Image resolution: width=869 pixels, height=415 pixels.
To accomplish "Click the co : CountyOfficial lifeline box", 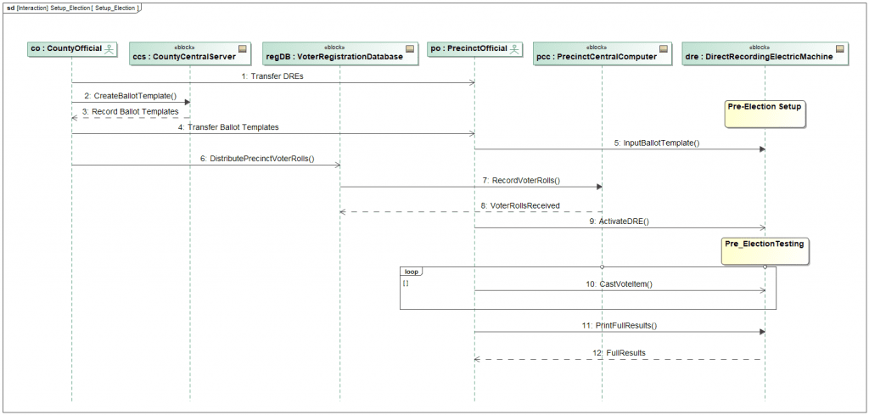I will click(x=72, y=50).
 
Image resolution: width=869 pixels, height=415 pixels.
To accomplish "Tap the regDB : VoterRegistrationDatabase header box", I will click(x=339, y=53).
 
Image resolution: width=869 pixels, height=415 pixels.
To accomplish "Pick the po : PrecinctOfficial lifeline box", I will click(x=474, y=50).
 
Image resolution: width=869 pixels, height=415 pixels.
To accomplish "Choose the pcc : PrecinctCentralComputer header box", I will click(x=603, y=53).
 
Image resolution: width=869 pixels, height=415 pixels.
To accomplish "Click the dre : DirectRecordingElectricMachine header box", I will click(x=765, y=53).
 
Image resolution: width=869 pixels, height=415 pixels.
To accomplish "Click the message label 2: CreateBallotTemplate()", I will click(x=130, y=96).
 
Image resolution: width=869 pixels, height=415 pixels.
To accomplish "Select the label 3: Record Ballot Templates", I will click(x=131, y=111).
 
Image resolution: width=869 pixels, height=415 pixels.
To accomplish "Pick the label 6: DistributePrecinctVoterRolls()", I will click(x=257, y=159).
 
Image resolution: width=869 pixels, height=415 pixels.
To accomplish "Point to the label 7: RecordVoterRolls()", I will click(x=521, y=181).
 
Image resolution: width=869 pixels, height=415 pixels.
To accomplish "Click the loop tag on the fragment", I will click(x=412, y=272).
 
